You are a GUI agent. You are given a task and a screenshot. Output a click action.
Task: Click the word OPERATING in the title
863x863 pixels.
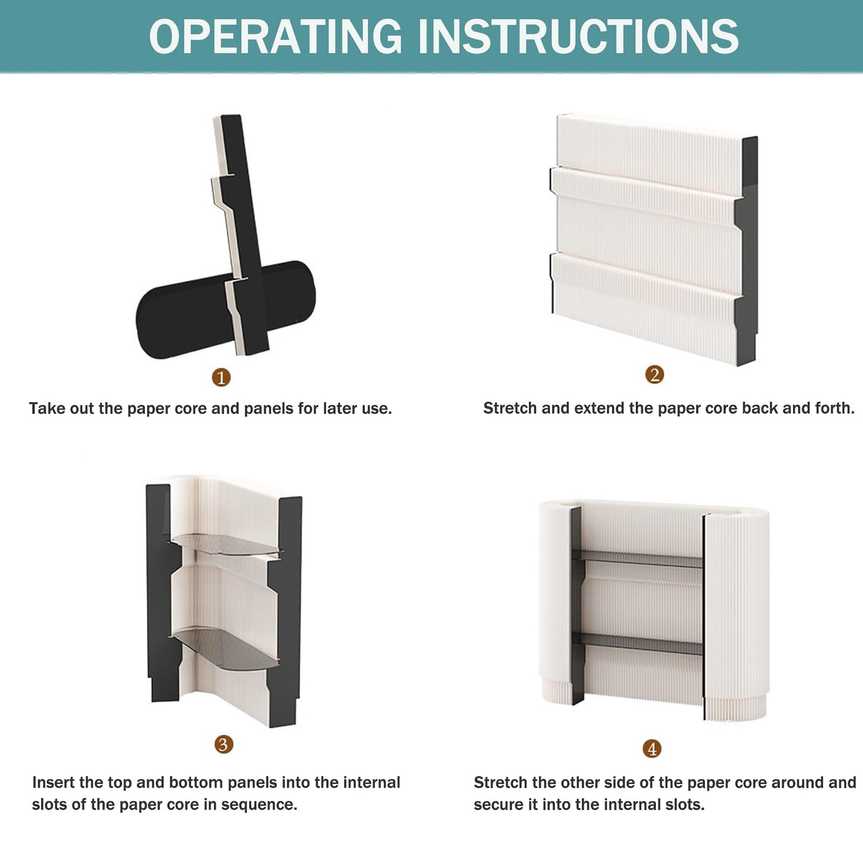click(275, 36)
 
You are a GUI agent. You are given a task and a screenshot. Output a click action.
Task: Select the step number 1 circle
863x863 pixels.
click(221, 377)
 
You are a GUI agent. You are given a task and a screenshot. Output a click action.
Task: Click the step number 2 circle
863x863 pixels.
click(654, 375)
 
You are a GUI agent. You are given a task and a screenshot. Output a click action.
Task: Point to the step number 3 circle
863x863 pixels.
click(224, 744)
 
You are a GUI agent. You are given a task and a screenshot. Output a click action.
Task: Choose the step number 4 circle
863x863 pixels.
click(652, 748)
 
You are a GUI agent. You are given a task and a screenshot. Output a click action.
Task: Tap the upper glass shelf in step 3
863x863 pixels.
click(226, 544)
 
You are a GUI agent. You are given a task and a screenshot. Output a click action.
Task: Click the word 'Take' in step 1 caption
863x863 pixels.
click(47, 409)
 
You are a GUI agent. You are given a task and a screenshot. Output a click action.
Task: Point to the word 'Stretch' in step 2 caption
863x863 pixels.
click(510, 408)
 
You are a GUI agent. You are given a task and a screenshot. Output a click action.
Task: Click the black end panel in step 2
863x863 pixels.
click(747, 251)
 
